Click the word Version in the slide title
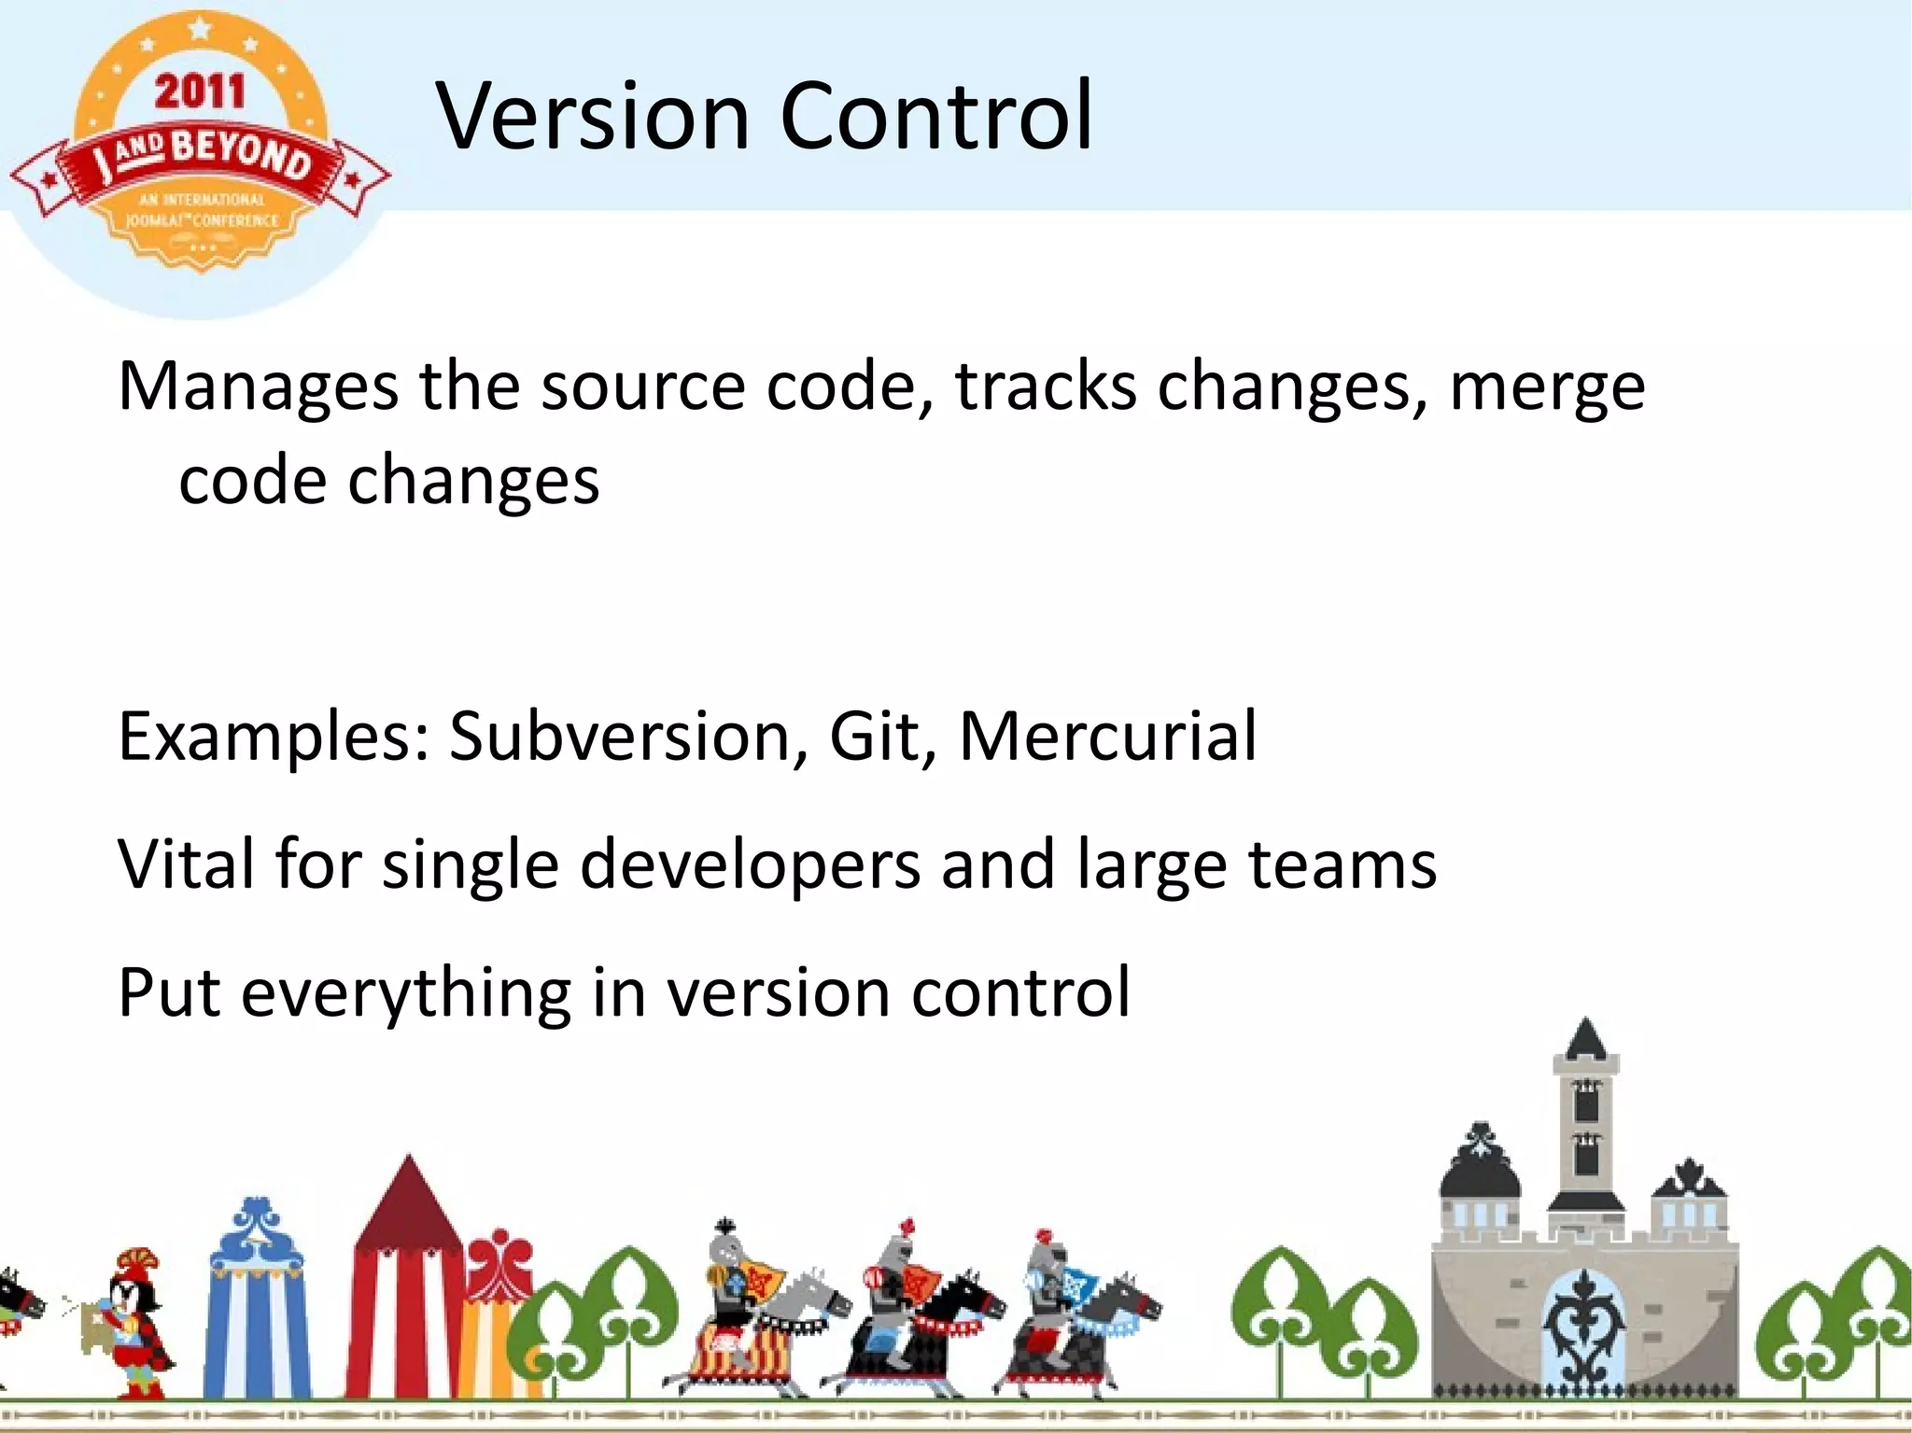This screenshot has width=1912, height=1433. [593, 117]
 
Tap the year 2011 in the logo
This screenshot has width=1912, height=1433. [200, 91]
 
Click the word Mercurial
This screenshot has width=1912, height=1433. [1107, 737]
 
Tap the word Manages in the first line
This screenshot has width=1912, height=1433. [258, 387]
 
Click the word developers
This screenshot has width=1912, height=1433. [750, 865]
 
